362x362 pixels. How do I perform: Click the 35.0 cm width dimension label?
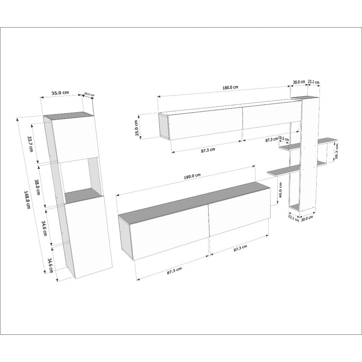pos(60,93)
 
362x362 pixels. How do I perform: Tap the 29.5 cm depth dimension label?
pos(89,95)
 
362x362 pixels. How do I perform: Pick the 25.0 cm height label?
pos(136,126)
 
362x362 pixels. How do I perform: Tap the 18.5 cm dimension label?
pos(284,138)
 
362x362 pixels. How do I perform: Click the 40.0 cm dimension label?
pos(281,190)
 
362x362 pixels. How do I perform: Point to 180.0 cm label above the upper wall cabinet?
pos(230,87)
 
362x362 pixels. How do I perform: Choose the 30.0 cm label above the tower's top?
pos(299,82)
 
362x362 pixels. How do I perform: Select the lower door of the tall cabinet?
pos(88,237)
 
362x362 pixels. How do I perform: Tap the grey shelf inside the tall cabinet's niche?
pos(82,195)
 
